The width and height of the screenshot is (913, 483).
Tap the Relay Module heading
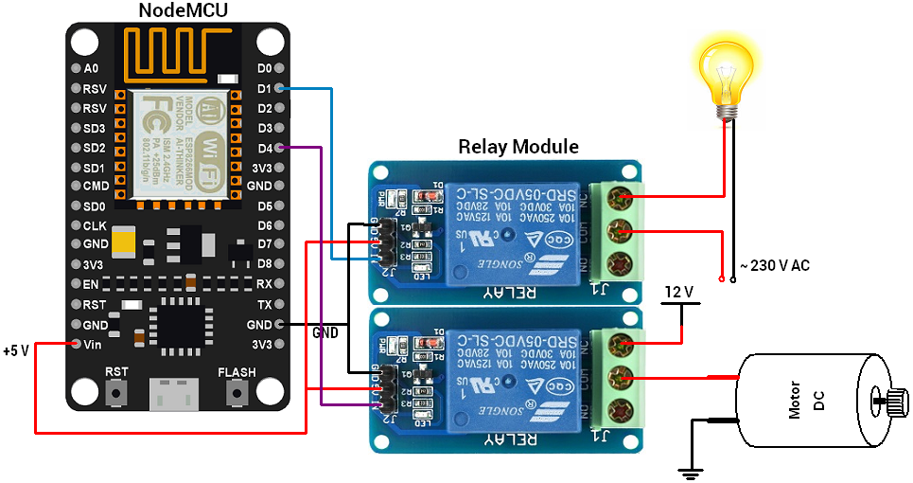[518, 147]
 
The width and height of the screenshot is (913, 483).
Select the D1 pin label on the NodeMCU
[265, 88]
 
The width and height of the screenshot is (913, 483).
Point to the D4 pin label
[265, 148]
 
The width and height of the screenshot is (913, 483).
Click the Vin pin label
[93, 345]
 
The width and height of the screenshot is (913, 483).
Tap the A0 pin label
[91, 68]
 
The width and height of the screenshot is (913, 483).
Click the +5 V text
[16, 350]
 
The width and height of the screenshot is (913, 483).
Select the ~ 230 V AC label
[773, 266]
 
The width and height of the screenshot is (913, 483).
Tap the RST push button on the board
[117, 391]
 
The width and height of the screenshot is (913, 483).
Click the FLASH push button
[236, 391]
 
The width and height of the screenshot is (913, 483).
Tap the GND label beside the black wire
[325, 333]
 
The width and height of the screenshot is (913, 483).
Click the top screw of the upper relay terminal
[620, 198]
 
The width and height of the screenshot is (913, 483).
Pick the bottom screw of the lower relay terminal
[620, 411]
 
